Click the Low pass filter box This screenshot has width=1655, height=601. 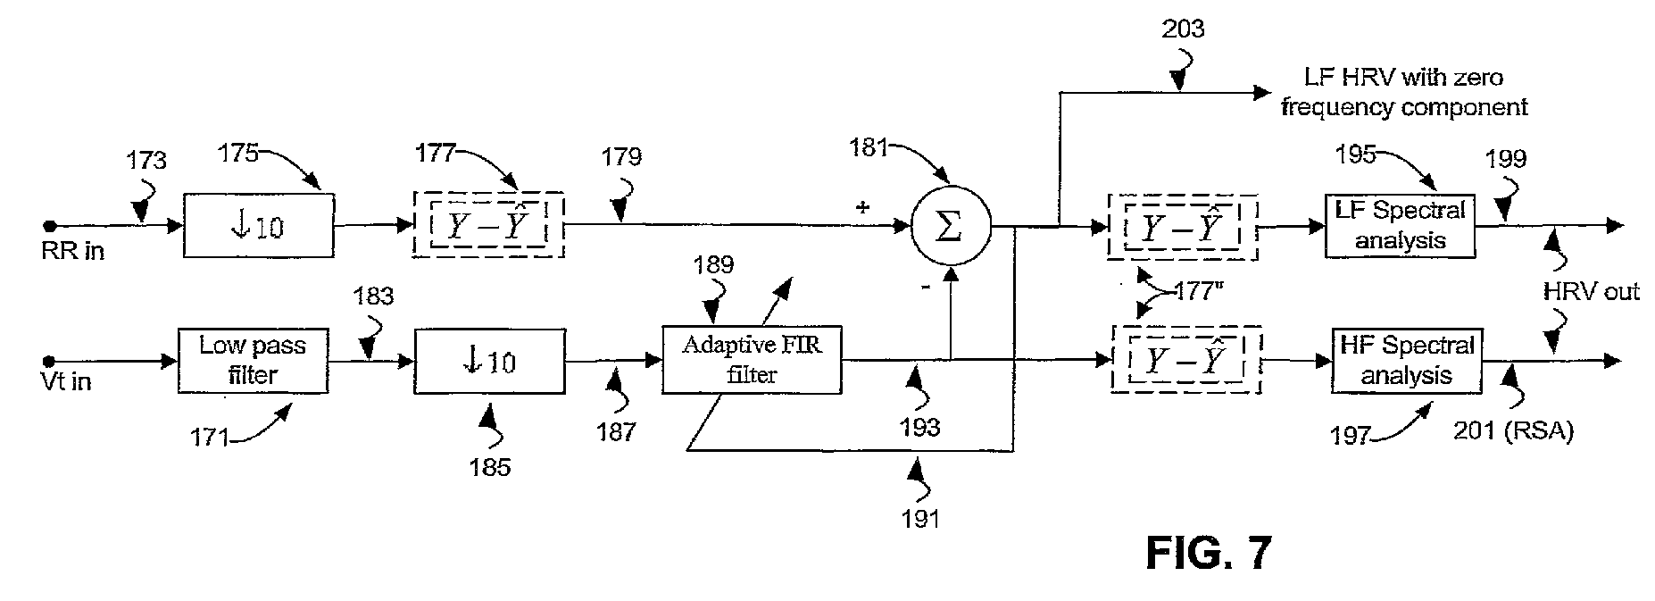tap(253, 361)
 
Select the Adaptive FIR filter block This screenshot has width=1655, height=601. tap(752, 360)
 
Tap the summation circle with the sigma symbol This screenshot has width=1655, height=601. tap(950, 227)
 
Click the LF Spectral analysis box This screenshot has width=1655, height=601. tap(1401, 226)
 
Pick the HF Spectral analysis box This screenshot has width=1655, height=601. tap(1407, 361)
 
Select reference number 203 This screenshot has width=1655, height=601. tap(1183, 29)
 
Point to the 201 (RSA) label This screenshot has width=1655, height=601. tap(1512, 431)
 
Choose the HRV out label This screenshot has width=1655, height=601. tap(1592, 292)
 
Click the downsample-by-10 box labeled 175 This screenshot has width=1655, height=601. tap(259, 225)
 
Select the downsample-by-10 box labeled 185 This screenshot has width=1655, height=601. tap(489, 361)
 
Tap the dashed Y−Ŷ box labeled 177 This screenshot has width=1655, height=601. tap(488, 225)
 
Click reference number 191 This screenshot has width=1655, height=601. tap(920, 518)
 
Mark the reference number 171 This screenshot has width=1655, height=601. tap(209, 438)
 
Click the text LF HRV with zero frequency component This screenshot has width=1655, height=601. tap(1404, 92)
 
